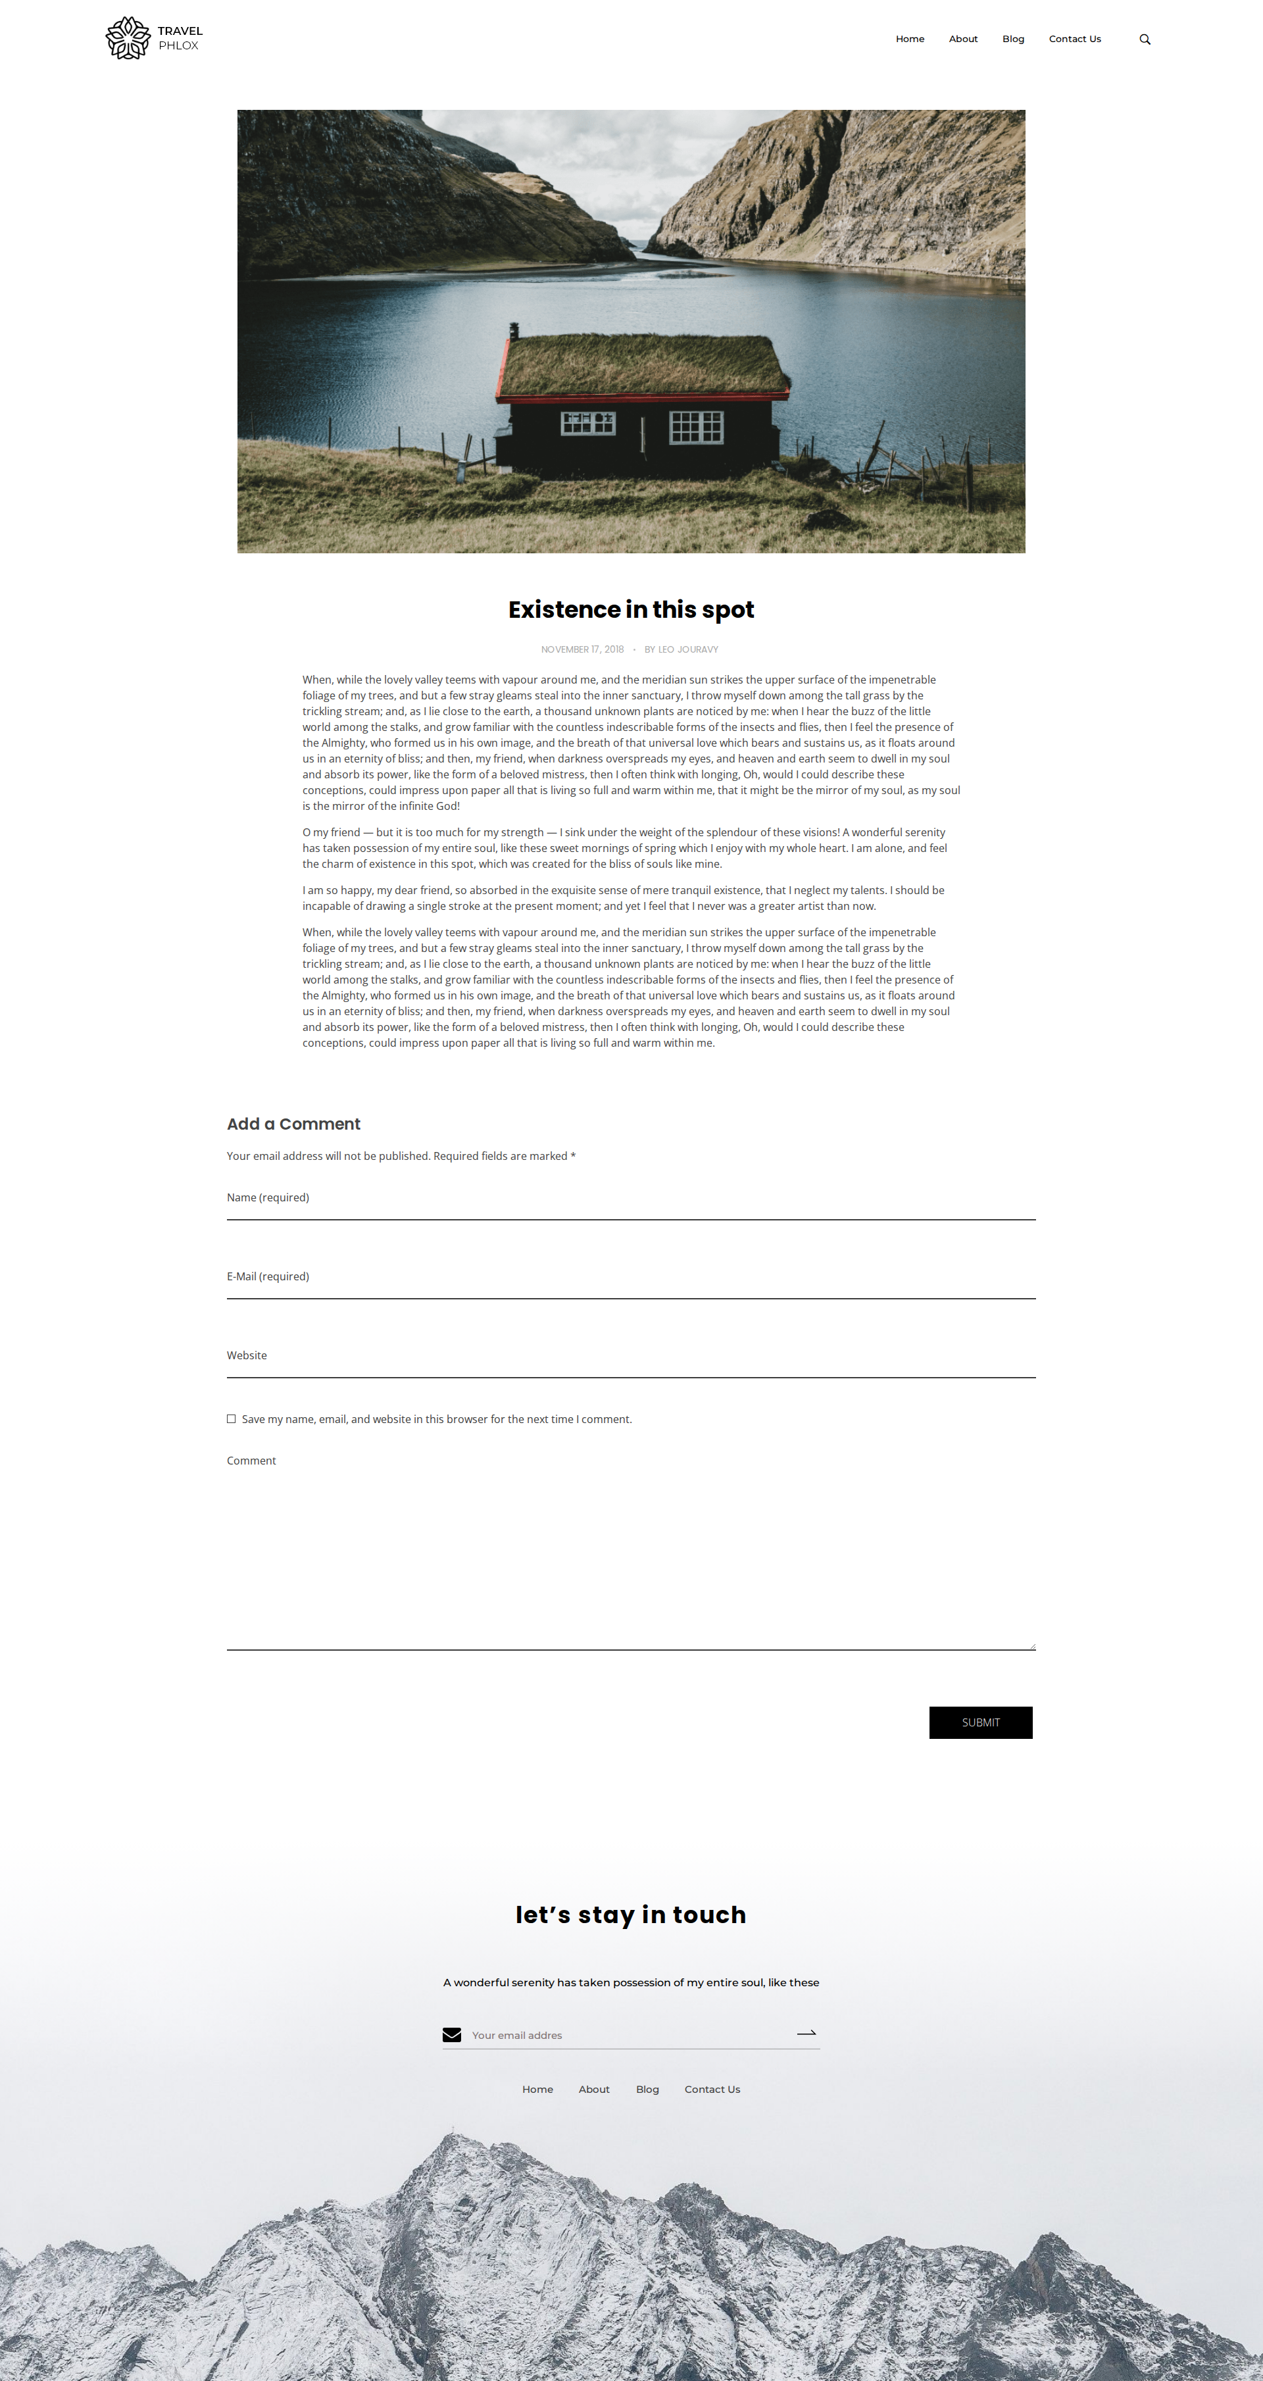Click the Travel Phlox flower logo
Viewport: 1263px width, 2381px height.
(128, 38)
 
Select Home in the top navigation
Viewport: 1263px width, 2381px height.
(909, 39)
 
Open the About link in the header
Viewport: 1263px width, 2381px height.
(963, 39)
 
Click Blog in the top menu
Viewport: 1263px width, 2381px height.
(1012, 39)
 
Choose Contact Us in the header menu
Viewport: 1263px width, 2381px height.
(1074, 39)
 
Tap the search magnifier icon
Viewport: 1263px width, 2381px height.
(1145, 39)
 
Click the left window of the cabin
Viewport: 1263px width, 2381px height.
(587, 423)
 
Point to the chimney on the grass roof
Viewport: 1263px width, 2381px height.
(514, 330)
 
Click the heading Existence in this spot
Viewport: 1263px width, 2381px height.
(631, 610)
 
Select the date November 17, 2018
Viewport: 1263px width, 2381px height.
(582, 650)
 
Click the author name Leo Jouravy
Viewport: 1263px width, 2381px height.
(687, 650)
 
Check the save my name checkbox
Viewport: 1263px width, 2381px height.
(231, 1419)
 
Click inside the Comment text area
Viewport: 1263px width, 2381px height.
(631, 1562)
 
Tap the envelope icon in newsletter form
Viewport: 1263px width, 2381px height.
(452, 2034)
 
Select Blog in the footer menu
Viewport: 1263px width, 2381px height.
(647, 2089)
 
